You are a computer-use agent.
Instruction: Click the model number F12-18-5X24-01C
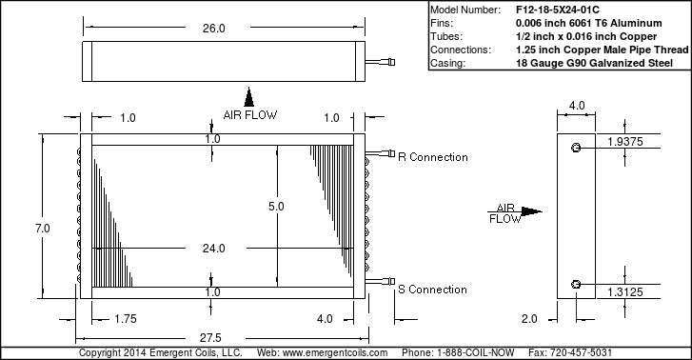click(558, 10)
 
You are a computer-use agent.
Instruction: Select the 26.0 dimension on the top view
click(213, 29)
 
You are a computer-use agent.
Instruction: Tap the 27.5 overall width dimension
click(210, 338)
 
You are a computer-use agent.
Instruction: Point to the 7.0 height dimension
click(43, 229)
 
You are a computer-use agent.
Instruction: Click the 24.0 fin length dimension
click(213, 249)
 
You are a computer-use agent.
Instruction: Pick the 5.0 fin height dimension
click(276, 207)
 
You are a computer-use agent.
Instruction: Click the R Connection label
click(433, 157)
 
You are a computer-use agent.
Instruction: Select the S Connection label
click(432, 290)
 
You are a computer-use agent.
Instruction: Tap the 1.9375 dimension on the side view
click(625, 142)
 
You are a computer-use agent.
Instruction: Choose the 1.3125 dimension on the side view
click(625, 292)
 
